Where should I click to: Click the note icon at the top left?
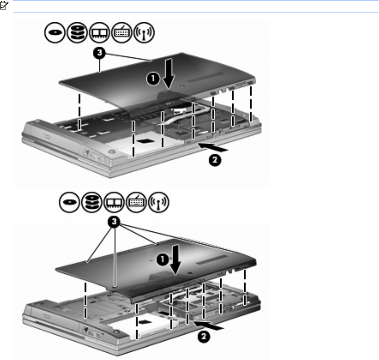click(x=4, y=5)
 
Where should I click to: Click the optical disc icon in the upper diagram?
click(x=55, y=32)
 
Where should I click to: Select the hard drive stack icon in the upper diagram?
click(x=77, y=32)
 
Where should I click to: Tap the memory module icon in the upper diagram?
click(x=99, y=32)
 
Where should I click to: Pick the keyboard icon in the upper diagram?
click(x=121, y=32)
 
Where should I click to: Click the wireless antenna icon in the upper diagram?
click(x=144, y=32)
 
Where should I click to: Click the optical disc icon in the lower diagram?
click(x=69, y=202)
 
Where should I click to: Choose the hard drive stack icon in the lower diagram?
click(x=92, y=202)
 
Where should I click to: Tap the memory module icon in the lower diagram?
click(x=114, y=202)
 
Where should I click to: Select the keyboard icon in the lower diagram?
click(x=136, y=202)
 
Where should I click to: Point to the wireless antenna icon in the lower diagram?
click(x=158, y=202)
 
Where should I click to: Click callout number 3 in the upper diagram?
click(x=99, y=53)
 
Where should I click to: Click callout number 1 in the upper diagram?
click(x=153, y=79)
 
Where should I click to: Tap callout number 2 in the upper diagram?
click(x=215, y=160)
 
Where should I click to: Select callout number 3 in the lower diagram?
click(x=114, y=221)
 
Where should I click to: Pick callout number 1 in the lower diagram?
click(x=163, y=260)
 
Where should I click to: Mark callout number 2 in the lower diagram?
click(x=204, y=336)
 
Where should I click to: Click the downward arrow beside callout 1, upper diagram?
click(x=169, y=73)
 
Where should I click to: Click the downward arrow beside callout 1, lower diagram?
click(x=175, y=260)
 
